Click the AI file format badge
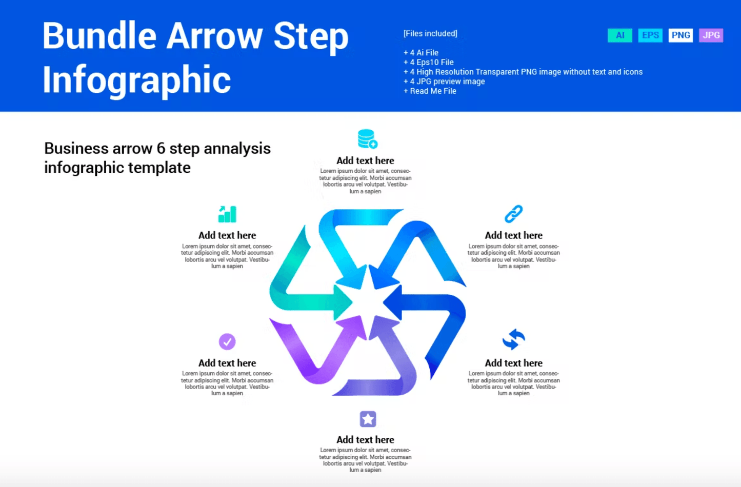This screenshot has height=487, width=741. click(x=620, y=35)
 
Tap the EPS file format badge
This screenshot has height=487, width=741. click(x=650, y=35)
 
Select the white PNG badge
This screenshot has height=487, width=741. click(x=680, y=35)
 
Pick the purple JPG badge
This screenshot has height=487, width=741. click(x=711, y=35)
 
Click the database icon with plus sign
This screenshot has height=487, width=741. click(x=368, y=139)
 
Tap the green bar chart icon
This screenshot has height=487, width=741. click(x=227, y=214)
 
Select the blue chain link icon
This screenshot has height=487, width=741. click(x=513, y=214)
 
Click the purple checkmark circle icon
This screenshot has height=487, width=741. click(x=227, y=341)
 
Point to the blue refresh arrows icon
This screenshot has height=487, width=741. click(x=513, y=339)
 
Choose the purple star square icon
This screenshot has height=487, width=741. click(x=368, y=419)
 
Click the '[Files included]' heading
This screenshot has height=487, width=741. click(x=430, y=33)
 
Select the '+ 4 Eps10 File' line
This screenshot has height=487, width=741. click(x=428, y=62)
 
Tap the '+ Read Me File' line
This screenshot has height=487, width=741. click(x=430, y=91)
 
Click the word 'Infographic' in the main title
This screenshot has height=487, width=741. click(x=136, y=80)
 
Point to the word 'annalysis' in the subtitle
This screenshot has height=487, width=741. click(x=237, y=149)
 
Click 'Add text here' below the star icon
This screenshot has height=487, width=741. click(x=365, y=440)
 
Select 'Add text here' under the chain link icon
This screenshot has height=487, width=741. click(x=513, y=235)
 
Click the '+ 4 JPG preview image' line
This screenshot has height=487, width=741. click(x=444, y=82)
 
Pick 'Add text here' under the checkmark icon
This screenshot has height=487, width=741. click(x=227, y=363)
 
